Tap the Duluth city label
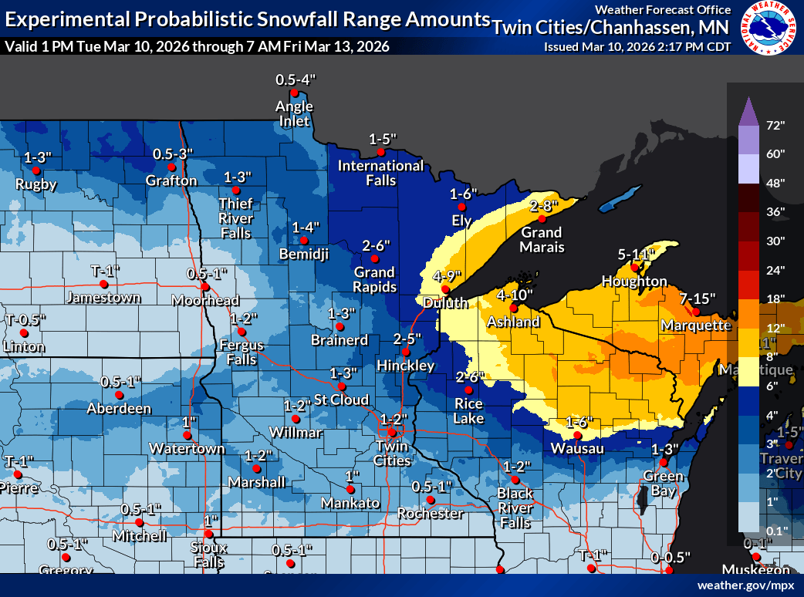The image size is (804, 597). pos(445,303)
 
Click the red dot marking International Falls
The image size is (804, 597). pos(380,153)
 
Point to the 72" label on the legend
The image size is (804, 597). pos(775,125)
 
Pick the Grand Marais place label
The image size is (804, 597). pos(542,240)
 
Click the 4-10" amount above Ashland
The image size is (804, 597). pos(514,295)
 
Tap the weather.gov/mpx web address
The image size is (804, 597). pos(745,585)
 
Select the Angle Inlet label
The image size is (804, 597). pos(294,113)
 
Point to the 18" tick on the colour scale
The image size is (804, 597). pos(775,298)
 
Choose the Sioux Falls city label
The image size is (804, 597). pos(209,555)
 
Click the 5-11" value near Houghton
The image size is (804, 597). pos(636,254)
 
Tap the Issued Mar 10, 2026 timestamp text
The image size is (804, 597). pos(637,46)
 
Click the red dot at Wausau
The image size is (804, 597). pos(577,435)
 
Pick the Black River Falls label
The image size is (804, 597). pos(515,508)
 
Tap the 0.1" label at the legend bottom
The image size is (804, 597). pos(775,531)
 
